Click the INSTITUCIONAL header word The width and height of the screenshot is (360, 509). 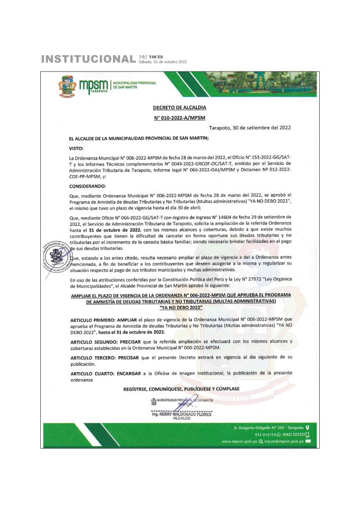click(x=88, y=58)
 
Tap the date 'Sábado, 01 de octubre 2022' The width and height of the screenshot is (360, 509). click(x=163, y=62)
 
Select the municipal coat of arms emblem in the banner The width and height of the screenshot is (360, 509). click(x=67, y=86)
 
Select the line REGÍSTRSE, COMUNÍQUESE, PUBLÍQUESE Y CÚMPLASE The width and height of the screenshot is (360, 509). click(x=181, y=389)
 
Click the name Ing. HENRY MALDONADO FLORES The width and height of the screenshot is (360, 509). click(x=181, y=414)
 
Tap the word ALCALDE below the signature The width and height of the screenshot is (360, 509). click(x=181, y=418)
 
